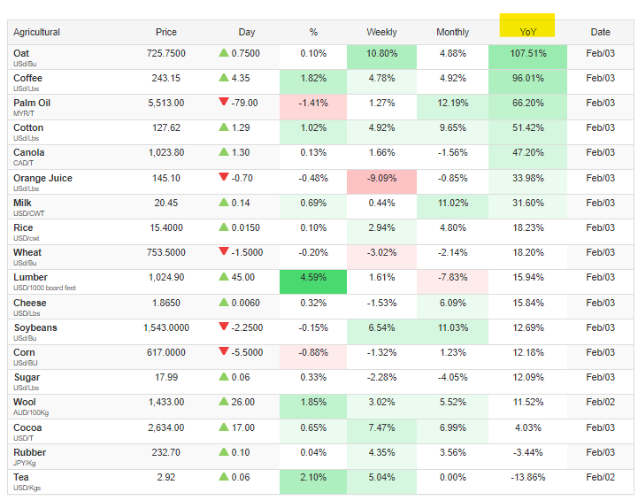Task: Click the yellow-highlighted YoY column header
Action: (x=527, y=32)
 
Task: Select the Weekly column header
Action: (x=381, y=32)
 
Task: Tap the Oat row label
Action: (x=21, y=53)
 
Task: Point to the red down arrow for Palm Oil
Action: (x=223, y=103)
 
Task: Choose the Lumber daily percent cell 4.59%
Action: (x=313, y=278)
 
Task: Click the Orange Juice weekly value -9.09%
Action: (x=381, y=178)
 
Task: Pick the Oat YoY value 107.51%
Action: (x=527, y=53)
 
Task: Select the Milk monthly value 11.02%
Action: (x=452, y=203)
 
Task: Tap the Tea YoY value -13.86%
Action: (x=527, y=477)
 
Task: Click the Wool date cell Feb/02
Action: (x=600, y=402)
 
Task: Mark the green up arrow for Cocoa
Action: (x=223, y=427)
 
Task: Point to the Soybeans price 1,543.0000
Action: (x=165, y=327)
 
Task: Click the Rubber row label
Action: (x=29, y=452)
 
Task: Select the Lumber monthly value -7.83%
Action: (x=452, y=278)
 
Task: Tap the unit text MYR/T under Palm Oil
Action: (x=24, y=113)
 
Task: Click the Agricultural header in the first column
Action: (x=37, y=32)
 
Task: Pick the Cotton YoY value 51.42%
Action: (x=527, y=127)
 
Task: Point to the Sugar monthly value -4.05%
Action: (x=452, y=377)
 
